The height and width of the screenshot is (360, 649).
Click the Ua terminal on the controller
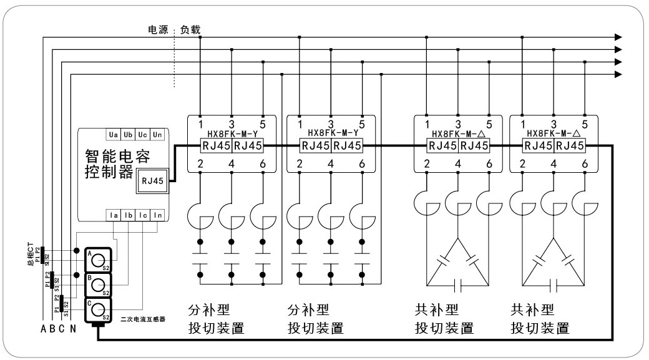point(113,135)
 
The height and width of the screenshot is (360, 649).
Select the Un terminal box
point(159,135)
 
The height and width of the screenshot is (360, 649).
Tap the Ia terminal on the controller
point(113,215)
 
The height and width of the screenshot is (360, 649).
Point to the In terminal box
point(159,215)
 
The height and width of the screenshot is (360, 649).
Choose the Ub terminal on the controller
point(128,135)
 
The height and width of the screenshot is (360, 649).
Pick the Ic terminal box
point(144,215)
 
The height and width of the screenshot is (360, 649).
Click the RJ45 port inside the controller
point(152,181)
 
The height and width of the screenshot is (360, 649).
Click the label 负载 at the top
point(190,30)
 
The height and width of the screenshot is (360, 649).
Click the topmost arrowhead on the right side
point(618,37)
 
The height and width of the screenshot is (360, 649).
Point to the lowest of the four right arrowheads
point(618,74)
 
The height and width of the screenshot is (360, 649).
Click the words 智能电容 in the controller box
point(117,156)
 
